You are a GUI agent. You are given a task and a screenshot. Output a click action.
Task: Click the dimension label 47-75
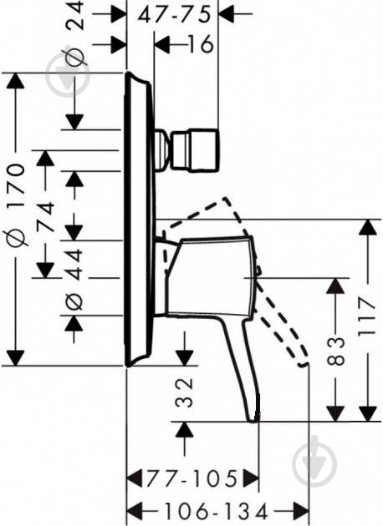point(174,15)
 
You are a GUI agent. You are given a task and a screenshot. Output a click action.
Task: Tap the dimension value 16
point(201,44)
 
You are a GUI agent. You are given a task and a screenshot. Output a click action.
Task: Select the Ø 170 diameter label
point(17,205)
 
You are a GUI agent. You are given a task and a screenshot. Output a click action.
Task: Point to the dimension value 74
point(45,216)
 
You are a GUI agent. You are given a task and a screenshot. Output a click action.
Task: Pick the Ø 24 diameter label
point(74,33)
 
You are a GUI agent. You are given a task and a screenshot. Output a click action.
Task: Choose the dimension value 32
point(185,392)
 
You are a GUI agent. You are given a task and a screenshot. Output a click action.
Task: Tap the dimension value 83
point(335,351)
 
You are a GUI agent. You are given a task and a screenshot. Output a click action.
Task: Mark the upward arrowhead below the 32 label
point(185,429)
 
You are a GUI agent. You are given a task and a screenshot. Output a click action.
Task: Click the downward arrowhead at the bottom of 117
point(367,413)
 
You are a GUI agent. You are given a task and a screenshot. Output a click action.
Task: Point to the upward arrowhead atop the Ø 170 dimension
point(15,80)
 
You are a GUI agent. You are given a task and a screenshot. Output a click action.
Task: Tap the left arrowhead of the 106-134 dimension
point(135,513)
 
